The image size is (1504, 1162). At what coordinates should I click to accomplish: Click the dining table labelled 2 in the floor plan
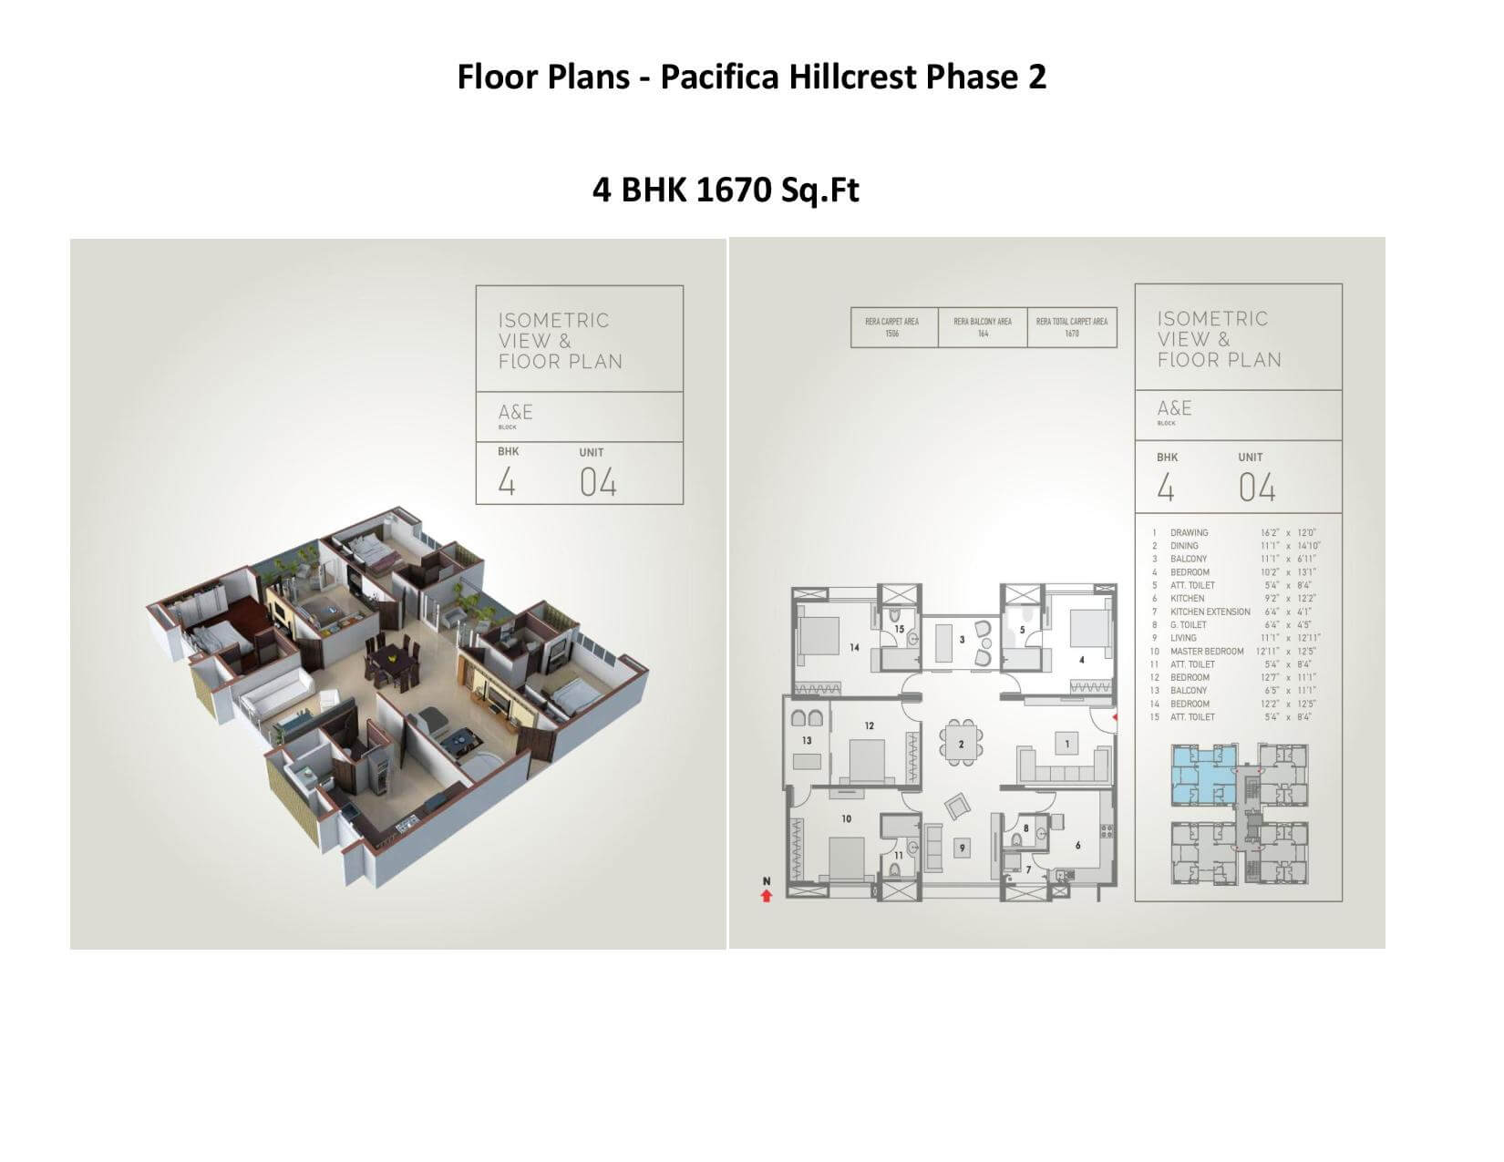click(961, 744)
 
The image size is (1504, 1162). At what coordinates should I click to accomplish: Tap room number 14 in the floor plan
click(854, 648)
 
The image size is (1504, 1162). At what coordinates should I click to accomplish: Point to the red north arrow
click(767, 896)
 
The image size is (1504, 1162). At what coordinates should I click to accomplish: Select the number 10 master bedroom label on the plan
click(846, 818)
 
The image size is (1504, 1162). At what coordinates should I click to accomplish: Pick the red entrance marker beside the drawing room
click(1113, 718)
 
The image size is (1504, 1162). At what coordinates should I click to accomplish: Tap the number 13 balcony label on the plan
click(807, 740)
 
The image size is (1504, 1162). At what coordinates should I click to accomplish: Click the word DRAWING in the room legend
click(1189, 532)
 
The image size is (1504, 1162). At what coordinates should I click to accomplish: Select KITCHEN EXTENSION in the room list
click(1210, 612)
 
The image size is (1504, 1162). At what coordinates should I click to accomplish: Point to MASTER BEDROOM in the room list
click(1207, 652)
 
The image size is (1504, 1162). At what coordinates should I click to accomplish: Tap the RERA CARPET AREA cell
click(892, 327)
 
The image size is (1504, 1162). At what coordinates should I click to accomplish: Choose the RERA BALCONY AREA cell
click(982, 327)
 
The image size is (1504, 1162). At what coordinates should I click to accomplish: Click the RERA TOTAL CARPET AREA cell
click(1071, 327)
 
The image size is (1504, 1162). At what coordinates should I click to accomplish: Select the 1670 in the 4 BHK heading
click(734, 190)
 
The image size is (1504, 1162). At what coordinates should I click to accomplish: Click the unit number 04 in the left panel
click(598, 483)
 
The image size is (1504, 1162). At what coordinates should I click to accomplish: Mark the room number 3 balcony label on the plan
click(962, 640)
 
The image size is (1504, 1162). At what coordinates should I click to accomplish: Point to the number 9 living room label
click(961, 848)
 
